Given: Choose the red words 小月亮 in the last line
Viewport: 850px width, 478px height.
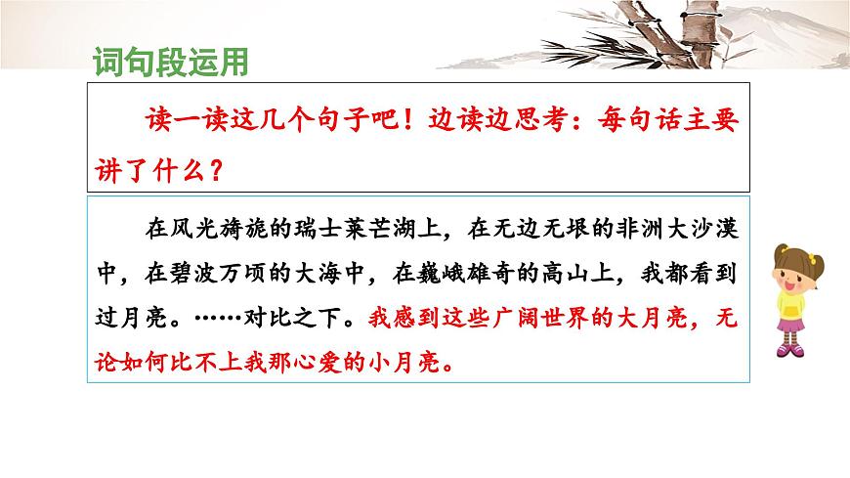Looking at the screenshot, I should (x=401, y=363).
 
